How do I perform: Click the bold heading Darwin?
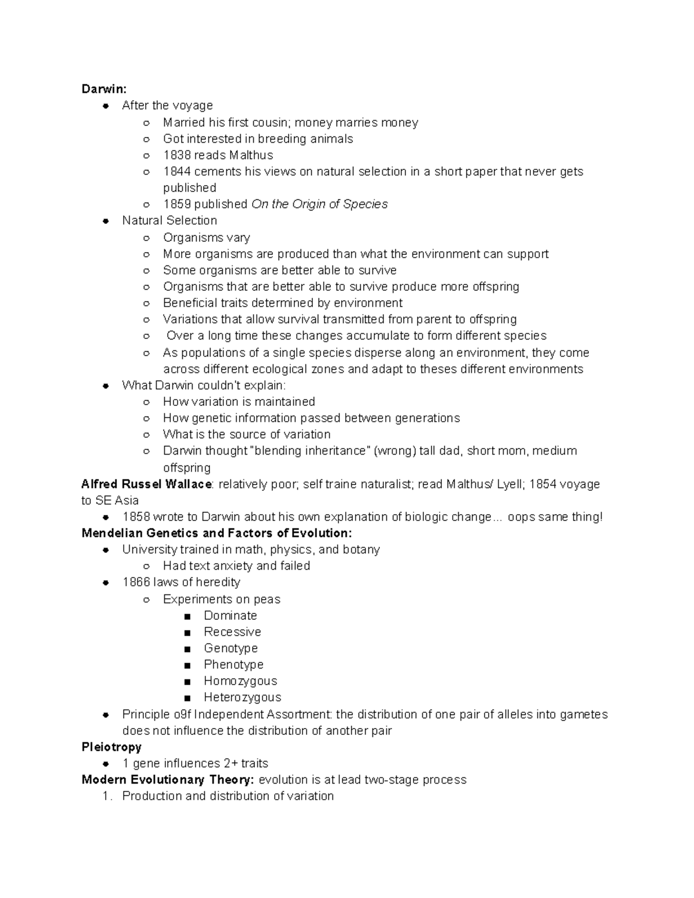pyautogui.click(x=104, y=89)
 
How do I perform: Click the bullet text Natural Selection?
pyautogui.click(x=169, y=220)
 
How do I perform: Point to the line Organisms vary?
pyautogui.click(x=206, y=238)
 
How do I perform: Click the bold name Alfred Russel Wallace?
pyautogui.click(x=147, y=484)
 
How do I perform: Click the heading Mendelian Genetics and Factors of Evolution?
pyautogui.click(x=216, y=533)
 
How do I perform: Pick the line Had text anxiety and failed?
pyautogui.click(x=236, y=566)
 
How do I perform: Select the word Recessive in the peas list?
pyautogui.click(x=232, y=631)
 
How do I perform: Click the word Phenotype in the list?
pyautogui.click(x=234, y=664)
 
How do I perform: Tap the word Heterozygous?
pyautogui.click(x=242, y=697)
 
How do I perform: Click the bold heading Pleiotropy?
pyautogui.click(x=112, y=747)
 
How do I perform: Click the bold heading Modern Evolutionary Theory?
pyautogui.click(x=167, y=779)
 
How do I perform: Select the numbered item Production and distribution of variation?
pyautogui.click(x=228, y=796)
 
